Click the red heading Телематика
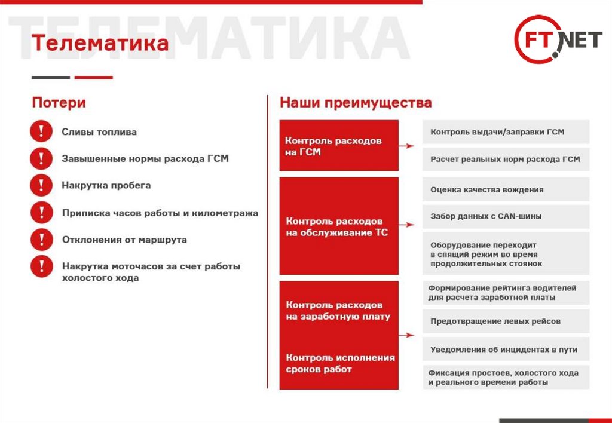(100, 44)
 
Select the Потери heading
(59, 103)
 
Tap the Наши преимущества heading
(356, 103)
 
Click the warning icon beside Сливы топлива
(41, 132)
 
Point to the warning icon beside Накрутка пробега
(41, 186)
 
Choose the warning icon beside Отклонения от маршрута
(41, 240)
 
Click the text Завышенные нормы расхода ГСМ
(145, 159)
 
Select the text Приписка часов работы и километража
(160, 213)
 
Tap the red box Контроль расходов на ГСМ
(339, 146)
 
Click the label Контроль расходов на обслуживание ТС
(336, 227)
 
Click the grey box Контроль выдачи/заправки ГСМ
(506, 132)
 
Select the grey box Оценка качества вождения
(506, 189)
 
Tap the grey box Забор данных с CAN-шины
(506, 216)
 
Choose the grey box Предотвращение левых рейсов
(506, 321)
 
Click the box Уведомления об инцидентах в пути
(506, 350)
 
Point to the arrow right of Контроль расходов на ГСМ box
(407, 146)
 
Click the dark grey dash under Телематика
(51, 78)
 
